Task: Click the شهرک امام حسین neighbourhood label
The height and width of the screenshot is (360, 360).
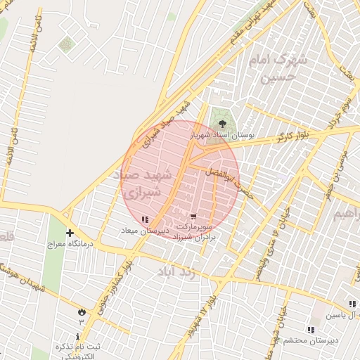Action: coord(281,68)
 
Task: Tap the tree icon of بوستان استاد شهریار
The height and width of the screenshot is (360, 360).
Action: coord(223,124)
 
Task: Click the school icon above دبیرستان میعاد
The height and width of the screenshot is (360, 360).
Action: coord(145,220)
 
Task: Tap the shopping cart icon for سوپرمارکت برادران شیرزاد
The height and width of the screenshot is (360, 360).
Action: coord(193,217)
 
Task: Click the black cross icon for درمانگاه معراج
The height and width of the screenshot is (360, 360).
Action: coord(70,233)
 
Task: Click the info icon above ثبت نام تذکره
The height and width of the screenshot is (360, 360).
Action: coord(78,337)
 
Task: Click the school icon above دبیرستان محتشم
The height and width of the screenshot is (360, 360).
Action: coord(310,330)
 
